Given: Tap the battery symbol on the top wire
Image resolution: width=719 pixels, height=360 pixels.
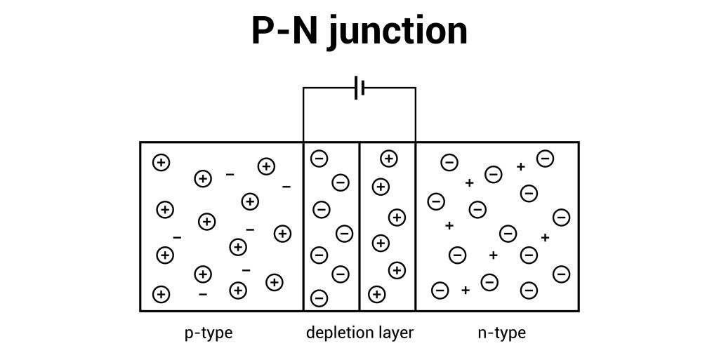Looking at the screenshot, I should tap(359, 88).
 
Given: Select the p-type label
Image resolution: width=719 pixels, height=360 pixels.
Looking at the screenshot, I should tap(209, 333).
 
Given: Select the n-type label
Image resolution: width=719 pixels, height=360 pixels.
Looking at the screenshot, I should tap(501, 333).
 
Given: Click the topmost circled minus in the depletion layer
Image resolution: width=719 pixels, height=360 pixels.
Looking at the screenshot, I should tap(318, 159).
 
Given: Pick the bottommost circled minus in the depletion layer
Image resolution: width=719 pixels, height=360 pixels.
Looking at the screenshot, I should tap(318, 298).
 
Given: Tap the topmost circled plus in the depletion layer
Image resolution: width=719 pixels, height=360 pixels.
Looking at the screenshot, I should tap(388, 159).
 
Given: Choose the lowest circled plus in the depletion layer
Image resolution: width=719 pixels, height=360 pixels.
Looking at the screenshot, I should tap(377, 294).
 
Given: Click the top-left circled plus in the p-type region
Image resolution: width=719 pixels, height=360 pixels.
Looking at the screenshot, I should tap(161, 163).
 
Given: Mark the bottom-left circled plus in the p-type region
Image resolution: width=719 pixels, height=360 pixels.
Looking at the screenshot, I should tap(161, 294).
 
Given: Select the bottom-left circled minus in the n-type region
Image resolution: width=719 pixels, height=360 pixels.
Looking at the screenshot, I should tap(440, 289).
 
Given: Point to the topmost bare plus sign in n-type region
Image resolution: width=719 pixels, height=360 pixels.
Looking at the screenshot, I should tap(520, 167).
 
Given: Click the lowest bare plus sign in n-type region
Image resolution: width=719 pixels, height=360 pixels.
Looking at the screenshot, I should tap(465, 290).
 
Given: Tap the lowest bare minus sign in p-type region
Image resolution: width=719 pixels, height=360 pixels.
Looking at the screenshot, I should tap(203, 295).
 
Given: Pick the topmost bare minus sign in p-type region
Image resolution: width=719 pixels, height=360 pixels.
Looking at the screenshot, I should tap(230, 174).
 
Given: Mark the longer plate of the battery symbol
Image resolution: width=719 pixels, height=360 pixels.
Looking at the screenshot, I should tap(356, 88).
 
